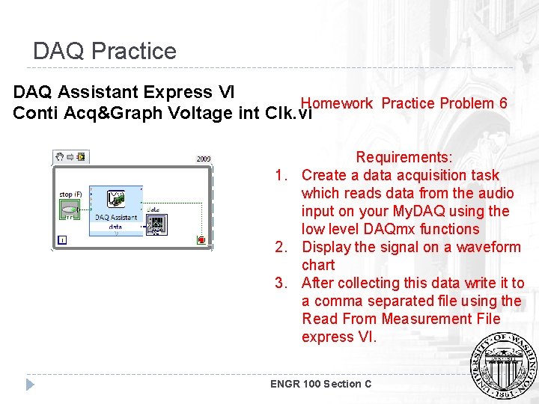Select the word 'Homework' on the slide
336,103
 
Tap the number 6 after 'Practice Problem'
503,103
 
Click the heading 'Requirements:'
404,157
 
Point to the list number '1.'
281,175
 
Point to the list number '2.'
281,247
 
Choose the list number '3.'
281,283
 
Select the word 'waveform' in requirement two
487,247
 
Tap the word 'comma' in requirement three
326,301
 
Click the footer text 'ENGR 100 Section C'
320,384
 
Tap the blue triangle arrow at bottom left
30,385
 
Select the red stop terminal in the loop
201,239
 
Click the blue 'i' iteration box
61,240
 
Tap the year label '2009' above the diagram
204,159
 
